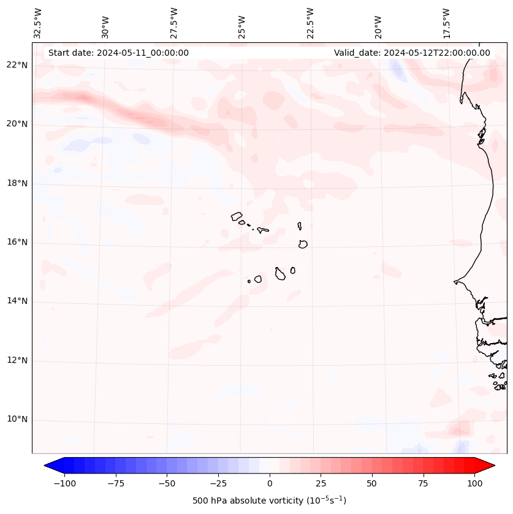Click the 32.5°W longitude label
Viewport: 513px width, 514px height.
38,23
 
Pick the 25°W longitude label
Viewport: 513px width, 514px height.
242,28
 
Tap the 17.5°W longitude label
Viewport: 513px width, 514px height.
446,23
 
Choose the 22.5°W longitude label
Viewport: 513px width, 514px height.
310,23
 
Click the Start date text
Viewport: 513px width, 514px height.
118,53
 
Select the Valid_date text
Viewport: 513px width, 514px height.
412,53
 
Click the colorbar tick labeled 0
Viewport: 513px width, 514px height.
270,483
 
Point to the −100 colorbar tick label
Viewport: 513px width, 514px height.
64,483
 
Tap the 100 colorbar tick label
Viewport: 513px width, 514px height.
474,483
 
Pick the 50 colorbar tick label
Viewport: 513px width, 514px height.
372,483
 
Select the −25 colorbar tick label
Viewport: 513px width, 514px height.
218,483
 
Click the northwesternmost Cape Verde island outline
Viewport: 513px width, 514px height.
237,216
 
